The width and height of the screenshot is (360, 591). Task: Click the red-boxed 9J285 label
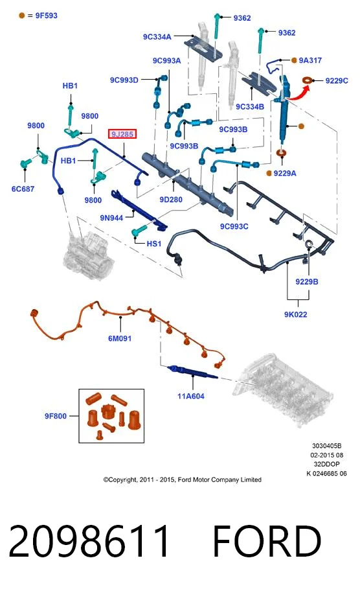point(122,133)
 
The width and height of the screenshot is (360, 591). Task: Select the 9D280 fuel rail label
point(171,200)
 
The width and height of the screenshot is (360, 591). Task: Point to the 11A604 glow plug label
point(191,396)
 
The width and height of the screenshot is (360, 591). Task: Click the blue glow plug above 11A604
point(192,371)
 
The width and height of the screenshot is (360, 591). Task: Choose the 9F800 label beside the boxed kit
point(56,416)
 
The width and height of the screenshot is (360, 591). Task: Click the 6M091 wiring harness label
point(120,338)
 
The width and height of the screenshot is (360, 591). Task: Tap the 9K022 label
point(296,314)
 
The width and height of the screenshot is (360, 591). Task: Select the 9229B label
point(307,281)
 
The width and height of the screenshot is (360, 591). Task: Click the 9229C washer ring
point(308,80)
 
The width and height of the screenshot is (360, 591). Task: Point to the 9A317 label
point(310,60)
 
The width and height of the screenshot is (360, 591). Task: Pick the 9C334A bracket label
point(157,36)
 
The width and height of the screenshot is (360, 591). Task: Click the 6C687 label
point(23,189)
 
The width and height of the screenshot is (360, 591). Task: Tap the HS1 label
point(154,244)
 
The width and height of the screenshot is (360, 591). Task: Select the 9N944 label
point(111,218)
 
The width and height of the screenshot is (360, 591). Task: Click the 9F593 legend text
point(47,16)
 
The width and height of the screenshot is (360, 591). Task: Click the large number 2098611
point(89,541)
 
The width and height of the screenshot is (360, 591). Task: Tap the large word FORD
point(267,541)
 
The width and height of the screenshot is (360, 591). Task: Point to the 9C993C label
point(234,226)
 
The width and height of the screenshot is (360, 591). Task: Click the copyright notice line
point(182,480)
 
